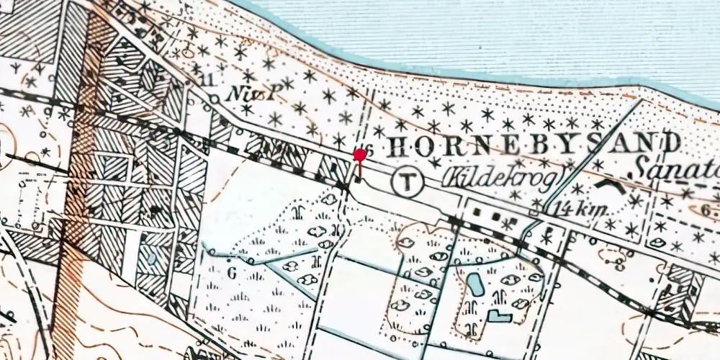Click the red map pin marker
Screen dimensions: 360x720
(x=359, y=155)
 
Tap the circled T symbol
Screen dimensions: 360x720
(x=408, y=181)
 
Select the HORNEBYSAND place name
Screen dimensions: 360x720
(x=533, y=144)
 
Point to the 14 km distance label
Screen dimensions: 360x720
(x=582, y=210)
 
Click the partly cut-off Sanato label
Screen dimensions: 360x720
(x=678, y=170)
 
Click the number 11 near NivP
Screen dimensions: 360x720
(x=209, y=80)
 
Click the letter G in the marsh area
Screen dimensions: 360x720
(x=232, y=273)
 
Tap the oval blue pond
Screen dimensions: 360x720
(x=476, y=284)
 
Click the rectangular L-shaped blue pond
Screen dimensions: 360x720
(x=499, y=315)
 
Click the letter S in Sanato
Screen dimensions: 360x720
(x=643, y=168)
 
